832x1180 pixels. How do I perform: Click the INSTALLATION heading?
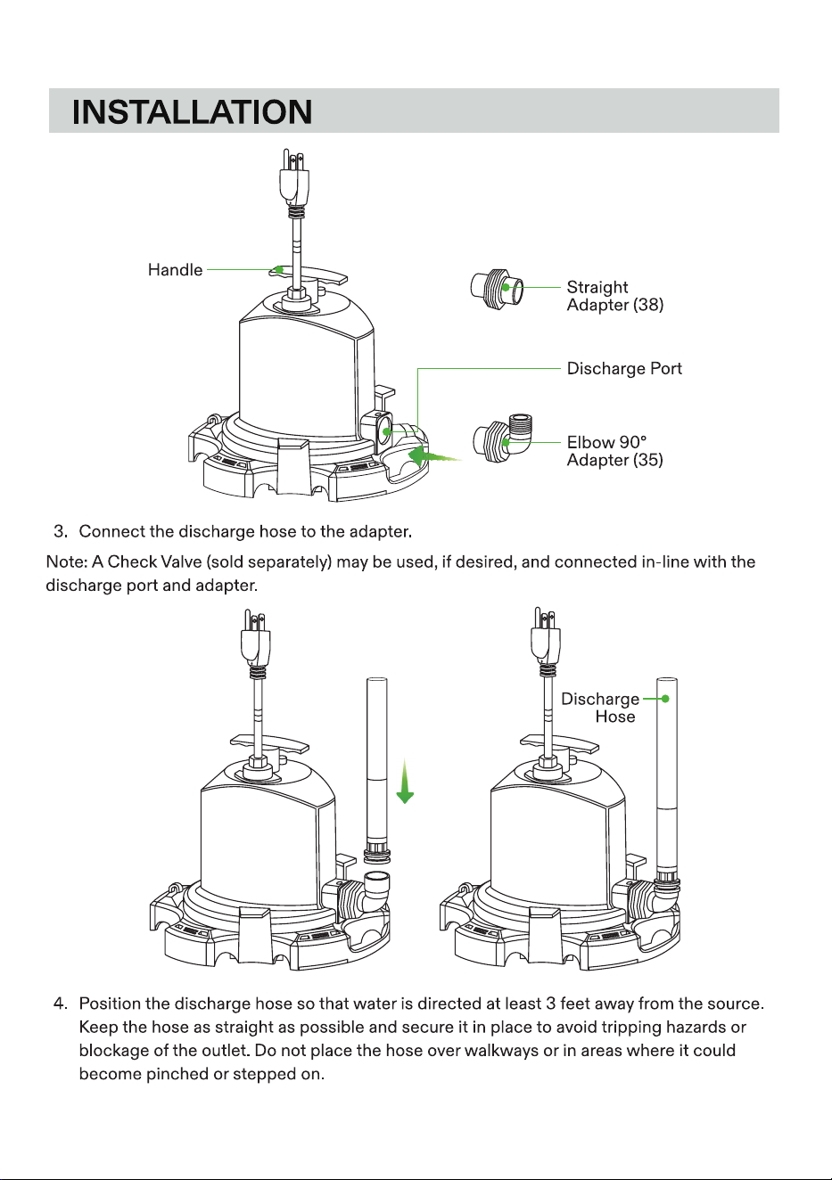coord(192,111)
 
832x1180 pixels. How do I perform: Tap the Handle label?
coord(175,270)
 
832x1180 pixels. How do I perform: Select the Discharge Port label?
coord(624,368)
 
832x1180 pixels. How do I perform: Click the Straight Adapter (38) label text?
coord(614,296)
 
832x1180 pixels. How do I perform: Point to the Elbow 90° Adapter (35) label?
coord(614,451)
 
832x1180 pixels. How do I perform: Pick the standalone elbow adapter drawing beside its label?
coord(504,438)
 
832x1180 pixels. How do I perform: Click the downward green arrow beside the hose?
coord(405,782)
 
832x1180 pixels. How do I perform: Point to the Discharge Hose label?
coord(600,708)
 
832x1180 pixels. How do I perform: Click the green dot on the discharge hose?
coord(665,699)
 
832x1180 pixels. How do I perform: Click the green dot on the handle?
coord(279,269)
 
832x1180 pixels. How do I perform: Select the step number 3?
coord(61,531)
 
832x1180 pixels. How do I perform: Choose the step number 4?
coord(60,1004)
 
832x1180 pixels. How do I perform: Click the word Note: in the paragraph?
coord(66,562)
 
